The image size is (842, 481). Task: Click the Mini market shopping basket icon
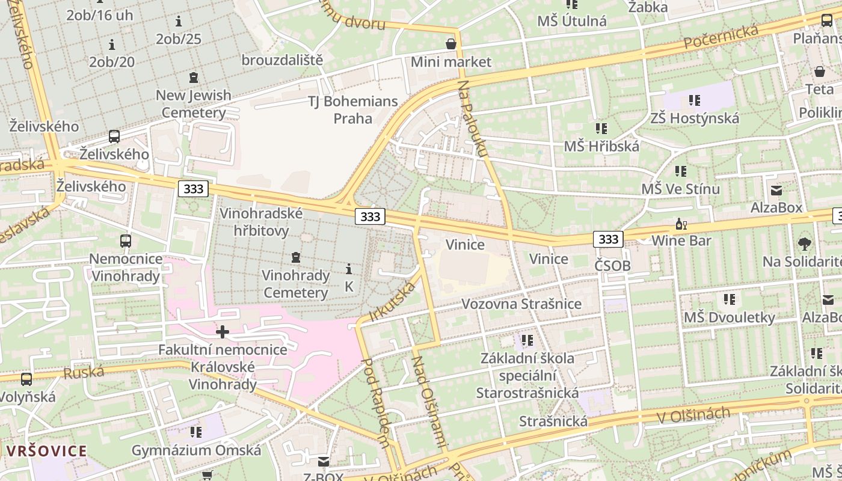[x=451, y=44]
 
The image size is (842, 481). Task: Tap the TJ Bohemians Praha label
[x=353, y=109]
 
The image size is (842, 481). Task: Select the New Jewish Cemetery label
[x=194, y=103]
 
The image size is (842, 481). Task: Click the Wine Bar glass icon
[x=681, y=224]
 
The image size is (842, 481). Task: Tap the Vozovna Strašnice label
[x=521, y=304]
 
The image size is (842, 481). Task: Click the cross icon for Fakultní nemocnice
[x=223, y=331]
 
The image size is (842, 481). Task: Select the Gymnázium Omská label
[x=197, y=450]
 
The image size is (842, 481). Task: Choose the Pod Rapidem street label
[x=376, y=403]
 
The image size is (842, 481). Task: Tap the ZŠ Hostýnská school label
[x=695, y=118]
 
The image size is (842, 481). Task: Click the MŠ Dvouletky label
[x=730, y=317]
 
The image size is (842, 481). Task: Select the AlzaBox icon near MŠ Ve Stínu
[x=776, y=191]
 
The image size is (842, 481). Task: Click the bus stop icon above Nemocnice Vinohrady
[x=126, y=241]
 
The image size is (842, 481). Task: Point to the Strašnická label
[x=553, y=421]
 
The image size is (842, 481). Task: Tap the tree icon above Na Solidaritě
[x=805, y=244]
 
